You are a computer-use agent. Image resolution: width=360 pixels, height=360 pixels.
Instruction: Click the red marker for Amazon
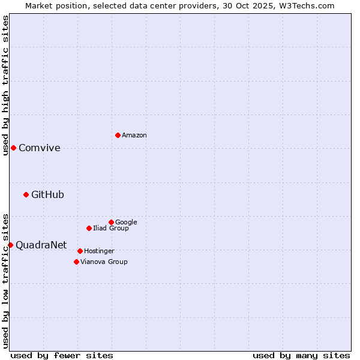118,135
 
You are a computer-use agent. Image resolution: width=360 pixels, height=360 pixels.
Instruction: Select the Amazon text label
134,136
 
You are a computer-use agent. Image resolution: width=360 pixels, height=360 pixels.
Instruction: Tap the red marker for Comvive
13,148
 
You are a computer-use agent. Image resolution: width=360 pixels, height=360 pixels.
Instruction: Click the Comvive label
40,148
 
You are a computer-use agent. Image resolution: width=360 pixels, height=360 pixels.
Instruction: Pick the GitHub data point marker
26,194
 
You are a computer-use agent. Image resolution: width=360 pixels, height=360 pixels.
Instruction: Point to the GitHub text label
47,194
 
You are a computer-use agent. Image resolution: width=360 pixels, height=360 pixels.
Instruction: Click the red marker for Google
111,222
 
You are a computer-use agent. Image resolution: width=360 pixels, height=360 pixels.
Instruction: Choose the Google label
126,222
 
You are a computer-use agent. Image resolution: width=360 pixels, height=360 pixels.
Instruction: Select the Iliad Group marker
89,228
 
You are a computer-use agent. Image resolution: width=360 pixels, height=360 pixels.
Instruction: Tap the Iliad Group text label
111,229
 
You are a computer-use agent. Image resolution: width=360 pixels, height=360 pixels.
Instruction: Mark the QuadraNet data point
10,245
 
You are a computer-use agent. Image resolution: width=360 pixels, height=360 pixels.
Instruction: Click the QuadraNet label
41,245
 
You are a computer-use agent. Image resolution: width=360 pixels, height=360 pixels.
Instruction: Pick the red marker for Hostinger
80,251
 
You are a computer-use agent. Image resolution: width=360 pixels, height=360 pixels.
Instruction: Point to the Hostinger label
99,251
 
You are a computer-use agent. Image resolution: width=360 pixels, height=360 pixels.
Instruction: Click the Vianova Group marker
76,262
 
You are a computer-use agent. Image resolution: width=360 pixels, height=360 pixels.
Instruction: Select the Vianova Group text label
104,262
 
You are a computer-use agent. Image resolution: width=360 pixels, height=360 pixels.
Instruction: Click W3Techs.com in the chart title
310,5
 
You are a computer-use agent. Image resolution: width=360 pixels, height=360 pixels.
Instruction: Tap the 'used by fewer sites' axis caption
62,355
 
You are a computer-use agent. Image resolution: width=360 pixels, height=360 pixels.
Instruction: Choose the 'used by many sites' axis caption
301,355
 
